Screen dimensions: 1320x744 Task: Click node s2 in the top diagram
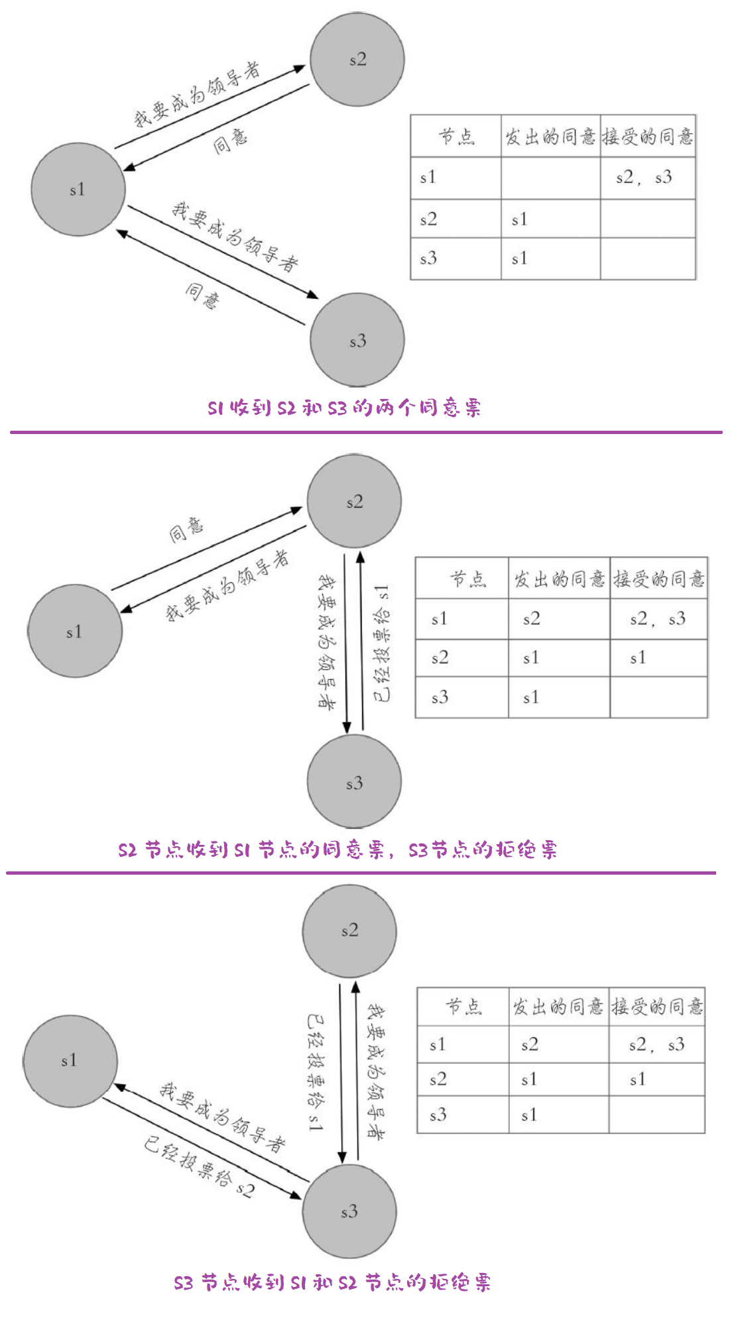(x=357, y=60)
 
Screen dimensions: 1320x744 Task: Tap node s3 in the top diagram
(x=357, y=341)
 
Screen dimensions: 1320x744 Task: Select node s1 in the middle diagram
(x=74, y=632)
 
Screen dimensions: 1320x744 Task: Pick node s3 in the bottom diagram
(x=349, y=1211)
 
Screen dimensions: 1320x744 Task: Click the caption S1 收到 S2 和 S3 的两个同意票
(x=344, y=408)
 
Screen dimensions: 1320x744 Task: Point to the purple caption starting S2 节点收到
(x=338, y=850)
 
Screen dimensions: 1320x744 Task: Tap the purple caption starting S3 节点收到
(x=332, y=1282)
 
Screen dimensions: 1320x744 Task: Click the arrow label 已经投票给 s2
(x=198, y=1166)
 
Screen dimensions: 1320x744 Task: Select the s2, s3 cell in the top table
(x=643, y=178)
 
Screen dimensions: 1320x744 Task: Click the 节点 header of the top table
(x=456, y=137)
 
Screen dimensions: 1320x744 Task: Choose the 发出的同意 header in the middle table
(x=559, y=579)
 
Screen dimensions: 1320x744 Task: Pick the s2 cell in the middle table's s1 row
(x=531, y=619)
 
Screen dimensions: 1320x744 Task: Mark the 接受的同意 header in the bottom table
(x=656, y=1007)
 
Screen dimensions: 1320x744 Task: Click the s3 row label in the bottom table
(x=438, y=1115)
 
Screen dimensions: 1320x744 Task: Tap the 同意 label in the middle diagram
(x=186, y=529)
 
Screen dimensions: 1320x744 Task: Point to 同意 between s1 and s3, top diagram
(x=202, y=295)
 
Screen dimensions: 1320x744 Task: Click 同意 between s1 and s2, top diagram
(x=230, y=141)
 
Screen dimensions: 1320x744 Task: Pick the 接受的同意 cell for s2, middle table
(x=638, y=658)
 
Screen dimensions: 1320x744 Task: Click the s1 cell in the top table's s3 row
(x=519, y=258)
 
